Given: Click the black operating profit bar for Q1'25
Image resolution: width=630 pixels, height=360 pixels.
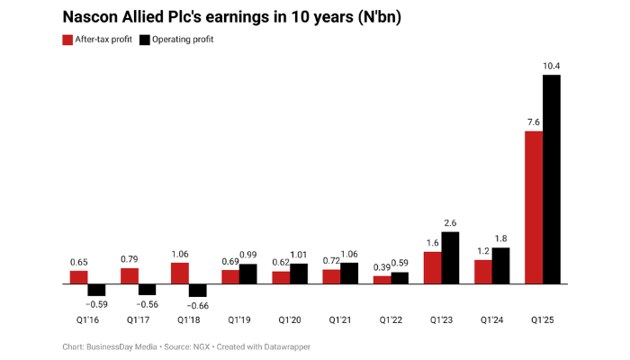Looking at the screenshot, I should [552, 179].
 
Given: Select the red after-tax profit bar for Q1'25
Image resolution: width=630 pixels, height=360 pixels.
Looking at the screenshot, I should [534, 207].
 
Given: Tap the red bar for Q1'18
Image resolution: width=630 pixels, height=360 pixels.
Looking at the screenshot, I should [180, 273].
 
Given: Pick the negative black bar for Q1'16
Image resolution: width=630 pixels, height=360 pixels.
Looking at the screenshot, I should [96, 290].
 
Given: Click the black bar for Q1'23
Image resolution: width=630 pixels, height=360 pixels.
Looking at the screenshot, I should [450, 257].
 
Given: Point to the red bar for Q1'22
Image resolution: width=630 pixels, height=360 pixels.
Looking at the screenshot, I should [382, 279].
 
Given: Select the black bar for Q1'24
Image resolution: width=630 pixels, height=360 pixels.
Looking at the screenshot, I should [500, 265].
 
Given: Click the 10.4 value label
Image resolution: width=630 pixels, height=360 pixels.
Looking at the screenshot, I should [552, 66].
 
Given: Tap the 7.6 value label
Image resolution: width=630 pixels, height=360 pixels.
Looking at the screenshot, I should [533, 122].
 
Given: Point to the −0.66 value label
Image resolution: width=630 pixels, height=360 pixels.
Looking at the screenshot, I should [196, 306].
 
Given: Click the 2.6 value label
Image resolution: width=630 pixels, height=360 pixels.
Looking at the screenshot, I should [450, 222].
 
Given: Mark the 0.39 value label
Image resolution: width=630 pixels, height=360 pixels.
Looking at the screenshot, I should [382, 266].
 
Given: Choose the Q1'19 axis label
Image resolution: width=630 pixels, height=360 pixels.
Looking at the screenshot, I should [238, 320].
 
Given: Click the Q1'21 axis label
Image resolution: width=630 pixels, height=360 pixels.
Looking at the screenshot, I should [340, 320].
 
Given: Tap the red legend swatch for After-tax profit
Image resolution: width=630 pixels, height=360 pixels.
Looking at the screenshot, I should [67, 40].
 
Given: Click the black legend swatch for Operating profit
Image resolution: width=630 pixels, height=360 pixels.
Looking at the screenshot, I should [145, 40].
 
